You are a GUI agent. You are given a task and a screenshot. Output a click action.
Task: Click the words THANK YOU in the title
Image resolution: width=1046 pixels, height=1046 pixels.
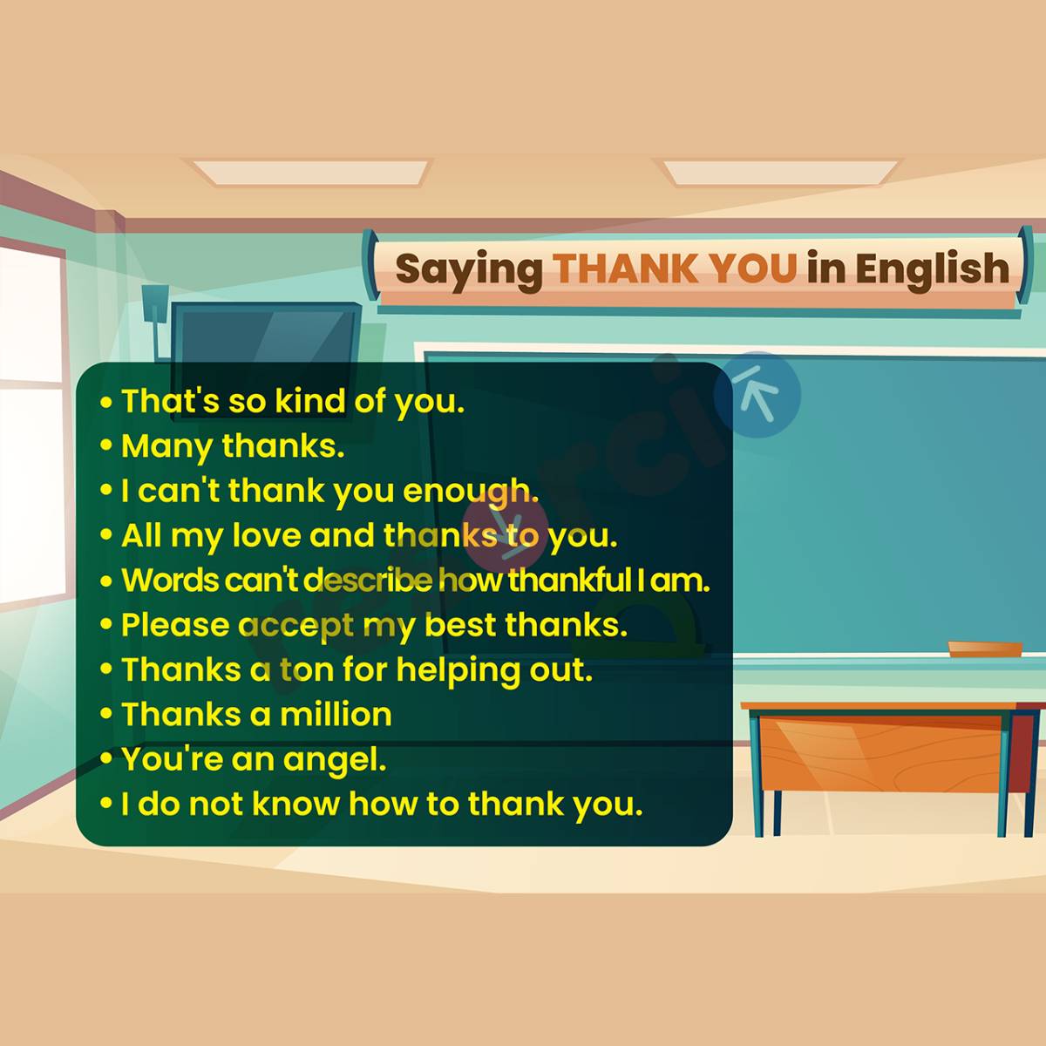click(676, 268)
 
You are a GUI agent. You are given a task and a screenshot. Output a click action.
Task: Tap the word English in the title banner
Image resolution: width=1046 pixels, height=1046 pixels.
click(932, 268)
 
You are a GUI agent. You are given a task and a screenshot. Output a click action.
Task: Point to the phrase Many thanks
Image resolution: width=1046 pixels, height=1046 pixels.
click(233, 446)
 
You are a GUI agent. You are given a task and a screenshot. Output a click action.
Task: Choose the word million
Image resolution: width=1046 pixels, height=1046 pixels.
click(336, 715)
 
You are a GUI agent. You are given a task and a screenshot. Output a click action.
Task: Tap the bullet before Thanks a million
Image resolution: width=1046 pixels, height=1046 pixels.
click(106, 716)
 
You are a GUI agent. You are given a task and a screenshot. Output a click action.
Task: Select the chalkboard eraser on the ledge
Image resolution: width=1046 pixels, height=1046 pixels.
click(985, 648)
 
